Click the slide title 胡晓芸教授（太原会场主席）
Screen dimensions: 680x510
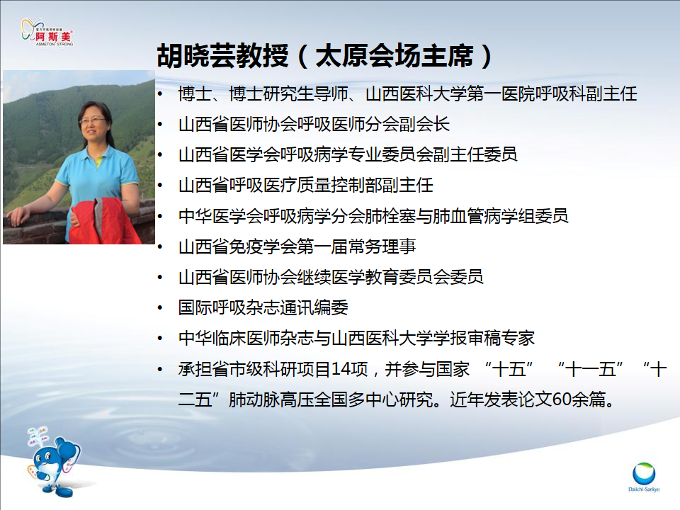pyautogui.click(x=324, y=56)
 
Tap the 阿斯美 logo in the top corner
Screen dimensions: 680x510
pyautogui.click(x=47, y=33)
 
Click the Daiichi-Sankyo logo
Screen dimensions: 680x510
pyautogui.click(x=644, y=477)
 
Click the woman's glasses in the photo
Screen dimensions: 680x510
pyautogui.click(x=92, y=120)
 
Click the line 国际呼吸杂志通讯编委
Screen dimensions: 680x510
pyautogui.click(x=263, y=307)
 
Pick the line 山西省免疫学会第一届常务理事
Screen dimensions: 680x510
pyautogui.click(x=297, y=246)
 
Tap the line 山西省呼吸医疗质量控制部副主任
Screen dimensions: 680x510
pyautogui.click(x=306, y=185)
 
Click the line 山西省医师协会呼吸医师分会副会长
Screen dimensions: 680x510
pyautogui.click(x=314, y=124)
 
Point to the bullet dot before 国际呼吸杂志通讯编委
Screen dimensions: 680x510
pyautogui.click(x=160, y=308)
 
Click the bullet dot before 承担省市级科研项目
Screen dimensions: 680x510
pyautogui.click(x=160, y=370)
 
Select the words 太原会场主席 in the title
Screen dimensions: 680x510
pyautogui.click(x=395, y=56)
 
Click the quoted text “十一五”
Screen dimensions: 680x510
pyautogui.click(x=590, y=369)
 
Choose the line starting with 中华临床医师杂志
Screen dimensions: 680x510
pyautogui.click(x=356, y=338)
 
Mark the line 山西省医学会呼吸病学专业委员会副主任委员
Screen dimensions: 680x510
pyautogui.click(x=348, y=154)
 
